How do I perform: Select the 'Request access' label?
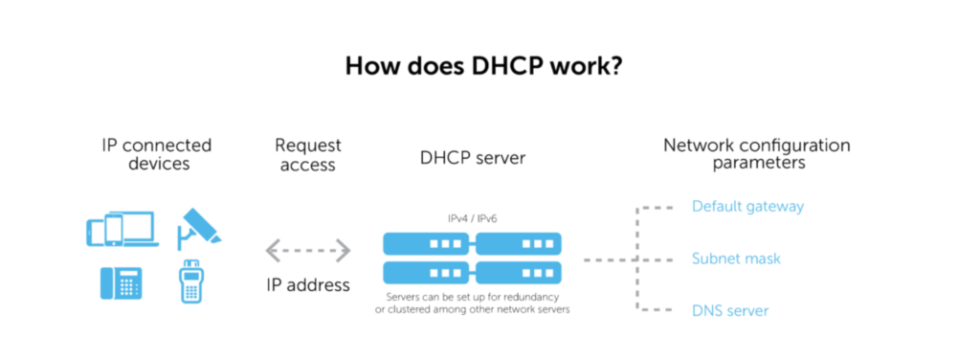308,154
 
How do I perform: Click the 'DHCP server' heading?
473,158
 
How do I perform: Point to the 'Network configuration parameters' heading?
756,154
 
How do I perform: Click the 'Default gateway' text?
747,206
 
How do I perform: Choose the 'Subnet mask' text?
736,259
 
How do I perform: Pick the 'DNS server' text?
730,310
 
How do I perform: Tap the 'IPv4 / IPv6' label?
473,218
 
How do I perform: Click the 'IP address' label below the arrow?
308,284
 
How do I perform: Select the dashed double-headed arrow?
308,251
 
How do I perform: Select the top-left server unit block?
427,244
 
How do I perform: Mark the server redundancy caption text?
473,303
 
